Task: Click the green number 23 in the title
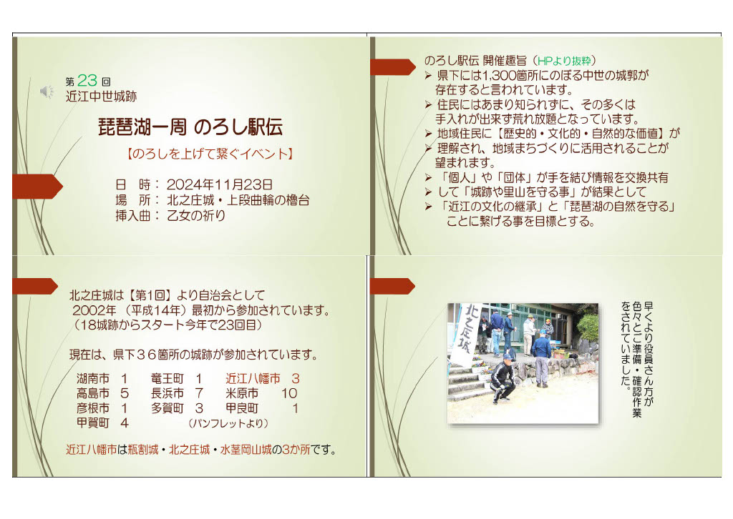87,80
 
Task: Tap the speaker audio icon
47,92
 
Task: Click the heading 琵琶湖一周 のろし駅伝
190,127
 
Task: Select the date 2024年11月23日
219,184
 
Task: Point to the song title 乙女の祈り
196,215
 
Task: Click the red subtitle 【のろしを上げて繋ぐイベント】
210,154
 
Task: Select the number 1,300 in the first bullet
498,75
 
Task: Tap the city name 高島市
93,393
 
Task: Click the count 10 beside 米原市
289,393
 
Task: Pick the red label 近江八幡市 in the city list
253,378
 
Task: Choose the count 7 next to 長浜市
199,393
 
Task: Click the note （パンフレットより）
228,423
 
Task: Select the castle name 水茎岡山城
246,450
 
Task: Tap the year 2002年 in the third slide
94,310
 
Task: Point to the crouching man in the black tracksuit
503,379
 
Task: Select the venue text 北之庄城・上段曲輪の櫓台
238,200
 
